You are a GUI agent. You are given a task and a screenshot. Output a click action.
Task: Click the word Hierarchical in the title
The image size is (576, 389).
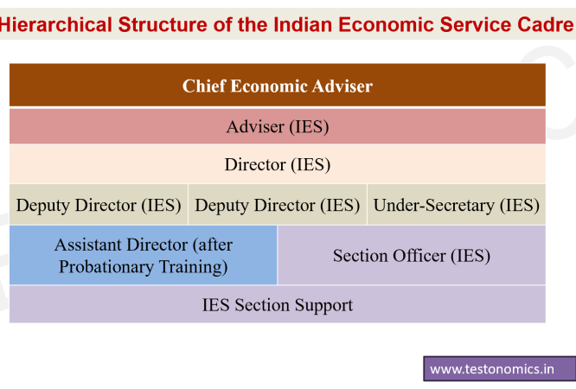(56, 24)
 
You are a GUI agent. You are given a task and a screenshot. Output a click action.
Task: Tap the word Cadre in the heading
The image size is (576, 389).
(545, 24)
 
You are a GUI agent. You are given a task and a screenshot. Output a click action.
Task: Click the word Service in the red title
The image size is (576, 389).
(476, 24)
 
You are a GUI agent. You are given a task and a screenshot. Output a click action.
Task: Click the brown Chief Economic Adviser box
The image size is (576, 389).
(278, 86)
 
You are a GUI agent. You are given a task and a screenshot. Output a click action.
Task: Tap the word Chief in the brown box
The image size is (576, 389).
(204, 86)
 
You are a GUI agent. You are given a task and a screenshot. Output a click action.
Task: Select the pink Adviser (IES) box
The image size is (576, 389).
(278, 126)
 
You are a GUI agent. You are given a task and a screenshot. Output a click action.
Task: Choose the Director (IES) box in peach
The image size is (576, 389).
(278, 164)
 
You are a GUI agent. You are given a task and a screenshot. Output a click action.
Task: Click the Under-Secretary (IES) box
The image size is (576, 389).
(457, 205)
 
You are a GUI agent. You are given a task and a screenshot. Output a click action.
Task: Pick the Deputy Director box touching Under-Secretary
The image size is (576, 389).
(278, 205)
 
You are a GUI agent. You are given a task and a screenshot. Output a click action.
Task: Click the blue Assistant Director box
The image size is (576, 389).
(144, 255)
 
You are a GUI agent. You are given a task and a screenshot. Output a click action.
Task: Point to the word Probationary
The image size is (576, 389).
(106, 267)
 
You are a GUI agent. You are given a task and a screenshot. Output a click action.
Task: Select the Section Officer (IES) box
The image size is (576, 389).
(412, 255)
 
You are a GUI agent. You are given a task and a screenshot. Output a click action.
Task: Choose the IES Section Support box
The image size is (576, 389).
(278, 304)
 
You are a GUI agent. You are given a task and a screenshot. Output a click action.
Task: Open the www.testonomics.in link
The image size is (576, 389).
(492, 369)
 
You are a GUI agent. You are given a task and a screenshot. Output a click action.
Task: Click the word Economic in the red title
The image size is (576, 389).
(386, 24)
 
